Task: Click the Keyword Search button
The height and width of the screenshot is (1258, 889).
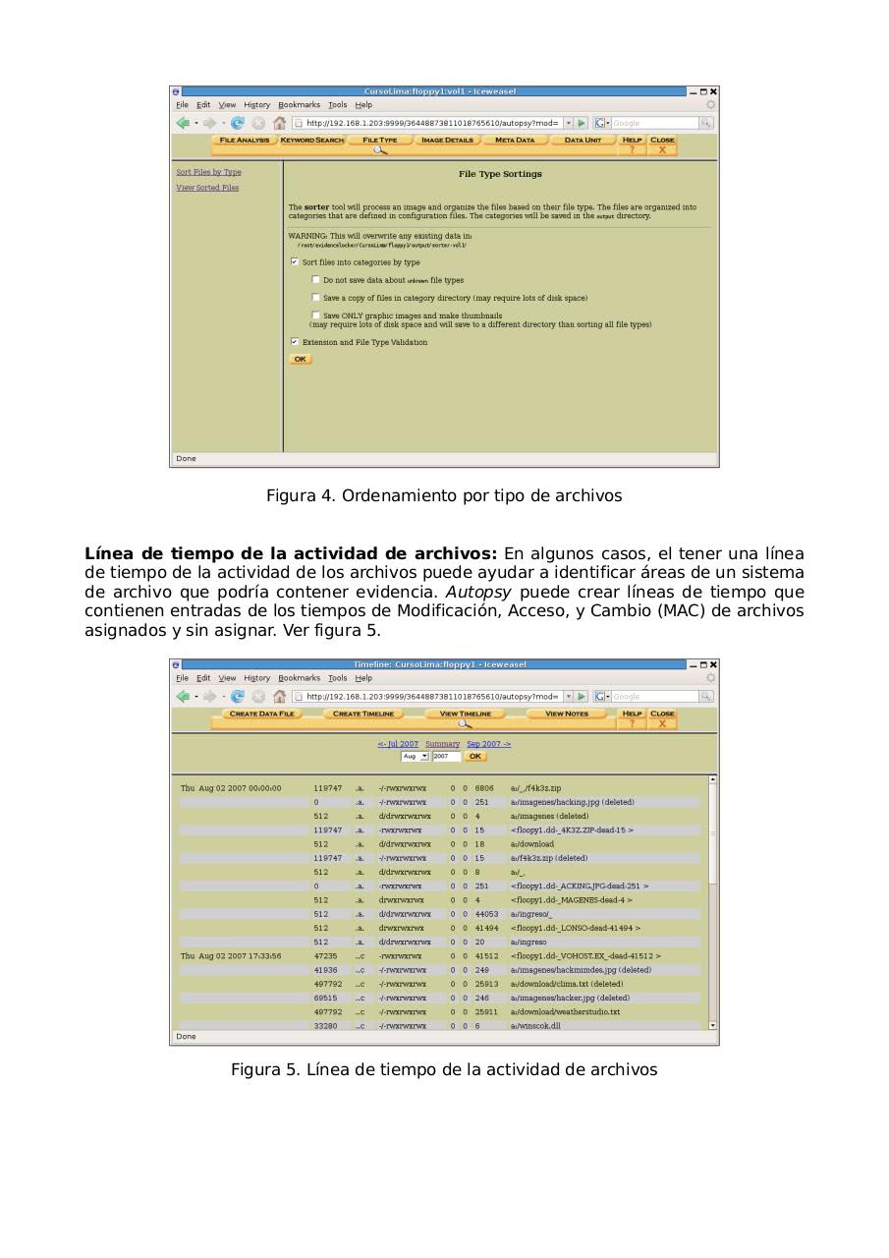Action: coord(312,141)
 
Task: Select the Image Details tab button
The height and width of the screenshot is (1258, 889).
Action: coord(447,141)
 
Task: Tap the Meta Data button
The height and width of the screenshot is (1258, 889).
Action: coord(515,141)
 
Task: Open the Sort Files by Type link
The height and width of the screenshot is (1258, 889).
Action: coord(208,172)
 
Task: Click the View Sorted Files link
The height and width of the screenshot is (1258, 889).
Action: coord(207,188)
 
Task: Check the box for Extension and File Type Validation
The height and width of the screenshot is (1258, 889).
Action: coord(295,342)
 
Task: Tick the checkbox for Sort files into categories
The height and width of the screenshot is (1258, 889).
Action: coord(295,262)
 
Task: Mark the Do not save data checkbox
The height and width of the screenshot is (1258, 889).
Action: coord(315,280)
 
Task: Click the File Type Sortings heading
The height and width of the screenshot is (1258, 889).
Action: coord(500,174)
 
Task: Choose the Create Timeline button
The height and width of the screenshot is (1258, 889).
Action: coord(362,714)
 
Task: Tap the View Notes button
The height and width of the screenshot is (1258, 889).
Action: coord(567,714)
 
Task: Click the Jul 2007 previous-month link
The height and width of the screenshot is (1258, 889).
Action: coord(398,744)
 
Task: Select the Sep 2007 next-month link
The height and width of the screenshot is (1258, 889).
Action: coord(488,744)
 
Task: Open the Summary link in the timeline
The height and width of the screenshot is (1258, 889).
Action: coord(442,744)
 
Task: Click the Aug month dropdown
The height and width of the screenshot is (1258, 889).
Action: coord(415,756)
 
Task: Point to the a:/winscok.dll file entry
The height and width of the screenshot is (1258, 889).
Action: coord(535,1025)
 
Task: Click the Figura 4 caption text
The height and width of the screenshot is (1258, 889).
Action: coord(444,495)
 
